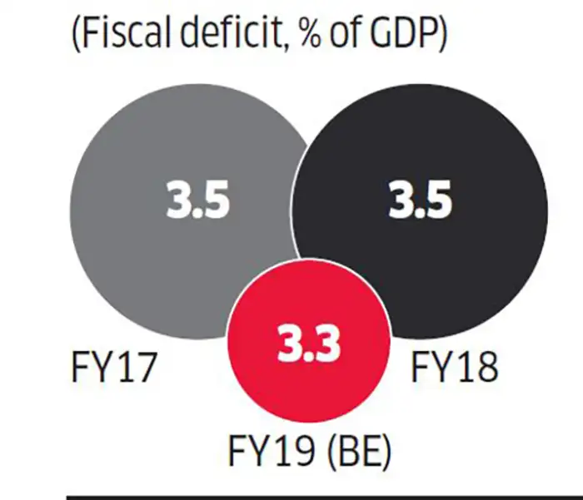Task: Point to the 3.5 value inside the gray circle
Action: point(197,202)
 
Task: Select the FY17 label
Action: point(113,367)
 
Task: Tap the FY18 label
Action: point(454,367)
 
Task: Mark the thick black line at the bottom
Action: point(325,496)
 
